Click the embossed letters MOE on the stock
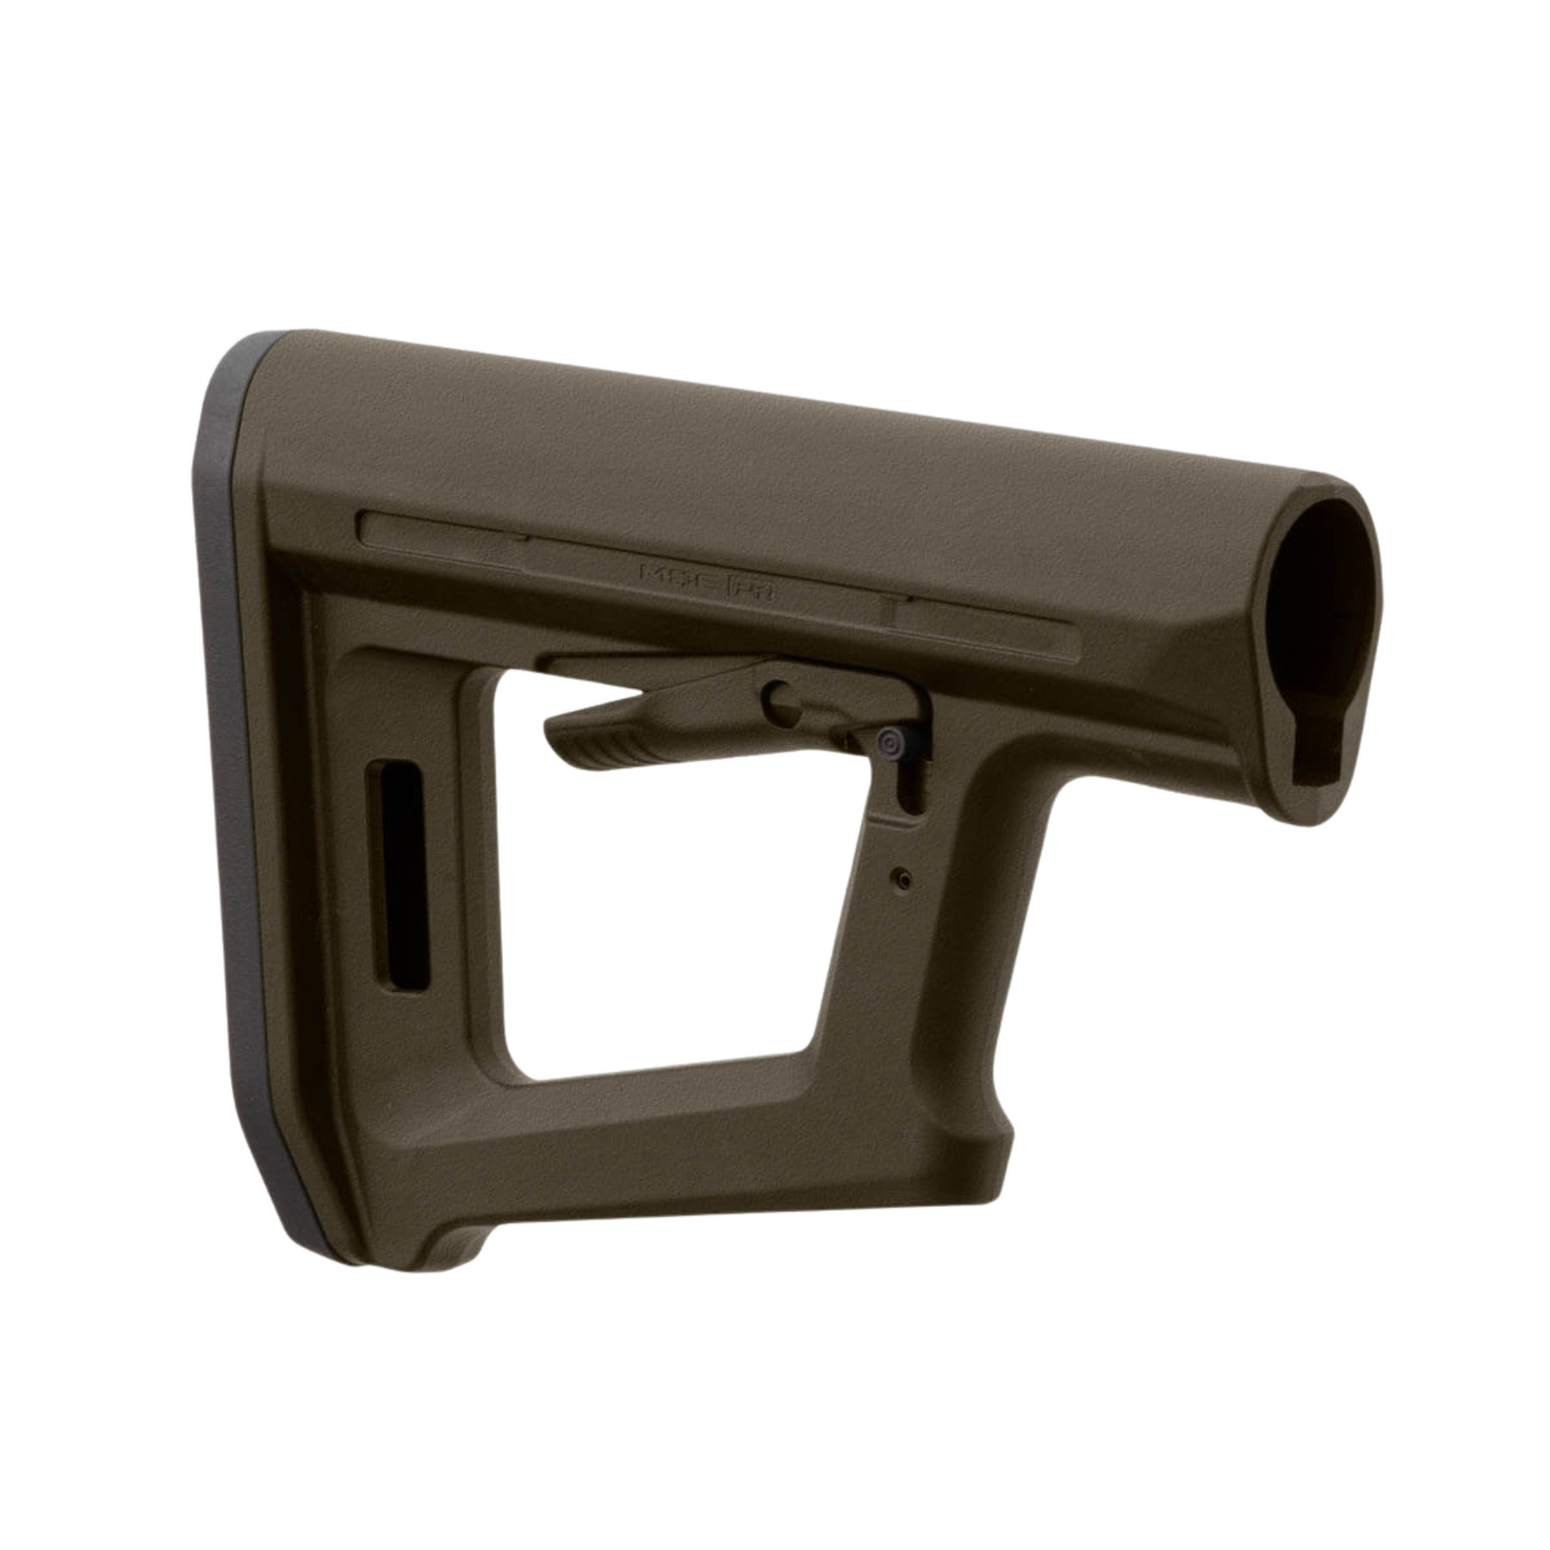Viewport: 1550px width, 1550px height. [674, 573]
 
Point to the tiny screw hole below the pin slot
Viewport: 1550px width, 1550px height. [901, 877]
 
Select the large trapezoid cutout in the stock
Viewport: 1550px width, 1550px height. [654, 904]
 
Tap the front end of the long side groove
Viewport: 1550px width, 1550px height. [1068, 637]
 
